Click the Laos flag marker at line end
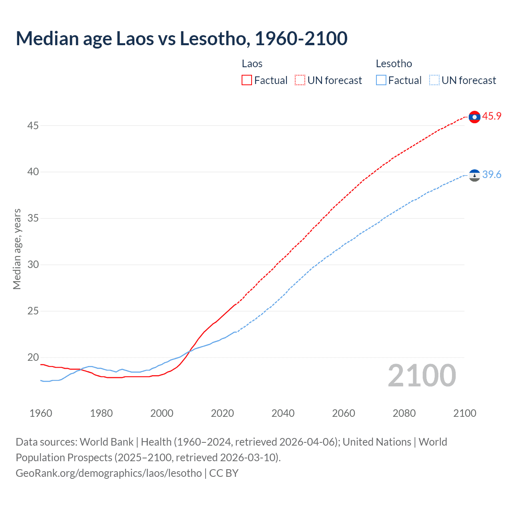coord(474,117)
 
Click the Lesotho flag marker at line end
coord(474,175)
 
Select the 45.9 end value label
coord(492,116)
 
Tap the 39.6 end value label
coord(492,175)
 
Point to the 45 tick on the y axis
coord(33,126)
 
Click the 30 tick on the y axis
coord(33,265)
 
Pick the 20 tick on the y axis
coord(33,358)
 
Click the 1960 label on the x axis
coord(41,413)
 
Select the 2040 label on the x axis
coord(283,413)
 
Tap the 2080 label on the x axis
coord(404,413)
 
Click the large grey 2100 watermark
coord(422,376)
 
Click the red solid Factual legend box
coord(247,80)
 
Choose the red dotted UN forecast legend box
coord(300,80)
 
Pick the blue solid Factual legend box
coord(381,80)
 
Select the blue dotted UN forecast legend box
coord(434,80)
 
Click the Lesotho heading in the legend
coord(394,64)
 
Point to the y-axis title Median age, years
coord(17,249)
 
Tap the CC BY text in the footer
coord(224,473)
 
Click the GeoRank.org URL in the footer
coord(109,473)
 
